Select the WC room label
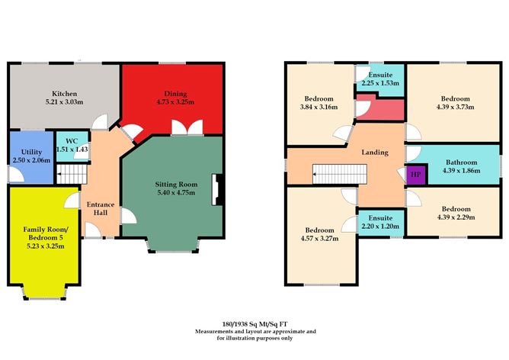(x=71, y=139)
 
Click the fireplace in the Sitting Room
(x=219, y=187)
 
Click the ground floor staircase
(x=69, y=177)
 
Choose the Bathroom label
(x=462, y=162)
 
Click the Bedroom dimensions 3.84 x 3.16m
(x=319, y=108)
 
